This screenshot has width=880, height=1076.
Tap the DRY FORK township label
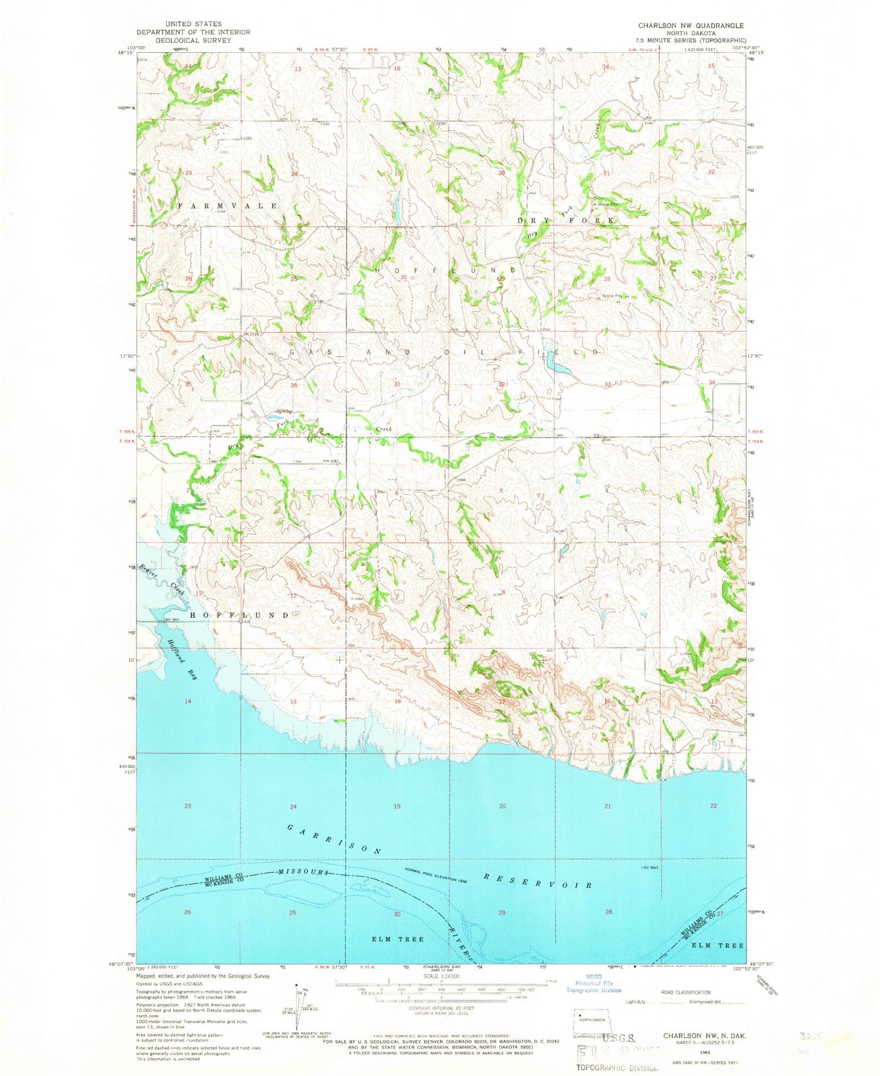pyautogui.click(x=567, y=220)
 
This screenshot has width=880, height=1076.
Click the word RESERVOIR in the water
pyautogui.click(x=537, y=880)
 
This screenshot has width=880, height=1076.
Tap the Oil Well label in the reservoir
pyautogui.click(x=649, y=867)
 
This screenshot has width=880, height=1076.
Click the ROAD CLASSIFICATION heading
pyautogui.click(x=685, y=993)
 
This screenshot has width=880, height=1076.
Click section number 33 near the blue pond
pyautogui.click(x=608, y=385)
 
